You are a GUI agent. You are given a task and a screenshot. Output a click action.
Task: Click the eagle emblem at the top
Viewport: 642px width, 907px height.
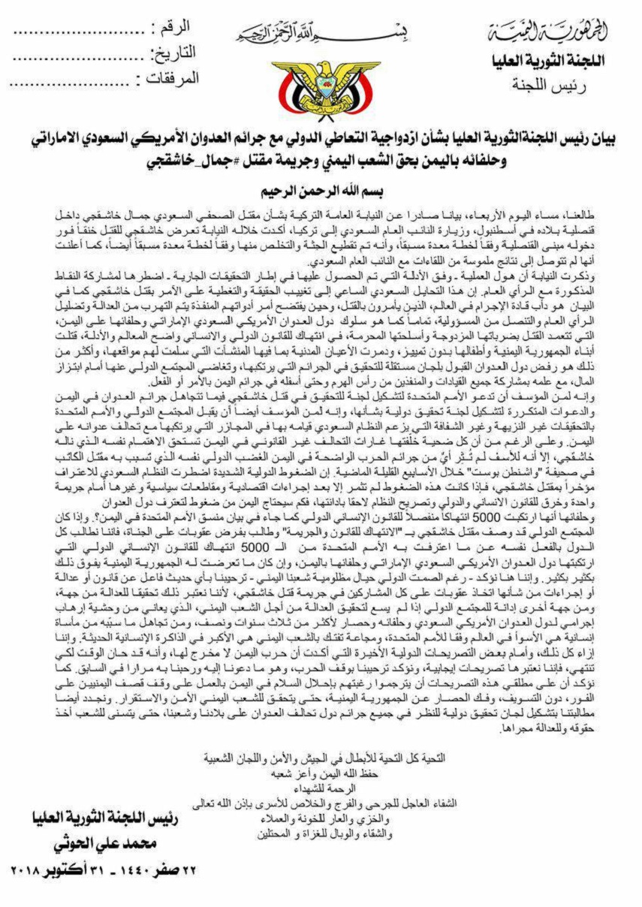click(324, 84)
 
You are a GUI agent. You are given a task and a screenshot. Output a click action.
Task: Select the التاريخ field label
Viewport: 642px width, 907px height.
click(174, 53)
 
